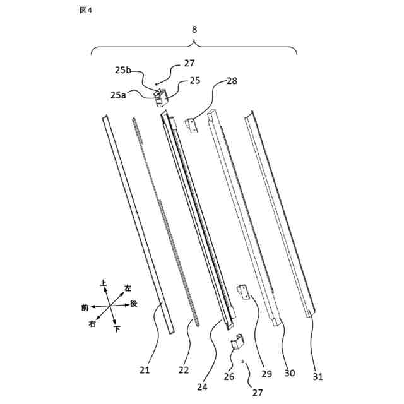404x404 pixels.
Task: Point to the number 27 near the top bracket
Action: pyautogui.click(x=189, y=63)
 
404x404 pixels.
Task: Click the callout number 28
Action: pyautogui.click(x=232, y=81)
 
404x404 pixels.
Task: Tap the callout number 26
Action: pyautogui.click(x=229, y=377)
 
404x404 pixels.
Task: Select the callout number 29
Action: pyautogui.click(x=266, y=374)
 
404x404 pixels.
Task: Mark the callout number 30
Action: pyautogui.click(x=289, y=373)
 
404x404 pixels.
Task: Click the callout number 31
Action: pyautogui.click(x=318, y=377)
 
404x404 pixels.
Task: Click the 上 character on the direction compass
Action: pyautogui.click(x=103, y=284)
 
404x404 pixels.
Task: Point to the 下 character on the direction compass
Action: pyautogui.click(x=117, y=329)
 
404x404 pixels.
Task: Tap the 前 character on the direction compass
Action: pyautogui.click(x=85, y=307)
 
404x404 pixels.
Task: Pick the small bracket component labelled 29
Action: pyautogui.click(x=242, y=291)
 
